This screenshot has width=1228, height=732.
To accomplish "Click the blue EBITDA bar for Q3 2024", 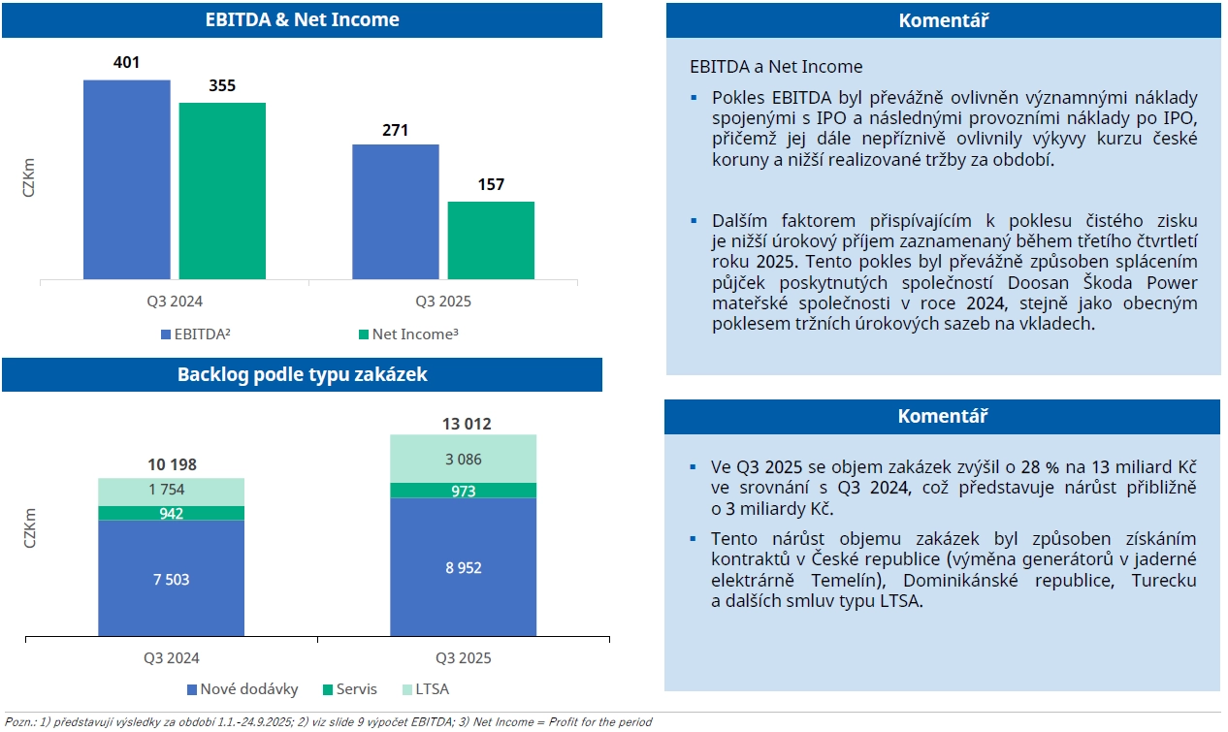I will point(126,179).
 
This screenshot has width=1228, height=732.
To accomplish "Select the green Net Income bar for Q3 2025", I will point(491,240).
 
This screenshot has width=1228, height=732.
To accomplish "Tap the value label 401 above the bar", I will point(126,63).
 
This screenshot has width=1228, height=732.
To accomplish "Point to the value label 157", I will point(491,184).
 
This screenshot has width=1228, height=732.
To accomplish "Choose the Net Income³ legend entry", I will point(407,334).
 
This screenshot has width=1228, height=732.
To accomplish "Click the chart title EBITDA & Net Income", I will point(302,19).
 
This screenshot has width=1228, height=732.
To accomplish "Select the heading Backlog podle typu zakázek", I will point(302,374).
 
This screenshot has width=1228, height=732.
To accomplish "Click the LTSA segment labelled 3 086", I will point(463,460).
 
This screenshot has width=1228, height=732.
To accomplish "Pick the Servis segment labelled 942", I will point(171,514).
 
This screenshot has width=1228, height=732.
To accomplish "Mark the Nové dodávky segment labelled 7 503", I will point(171,580).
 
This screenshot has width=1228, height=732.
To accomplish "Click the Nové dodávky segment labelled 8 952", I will point(463,568).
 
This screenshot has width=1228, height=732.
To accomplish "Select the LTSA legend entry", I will point(426,689).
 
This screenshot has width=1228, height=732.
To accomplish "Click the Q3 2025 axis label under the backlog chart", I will point(463,658).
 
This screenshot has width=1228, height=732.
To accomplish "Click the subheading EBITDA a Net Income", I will point(775,67).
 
